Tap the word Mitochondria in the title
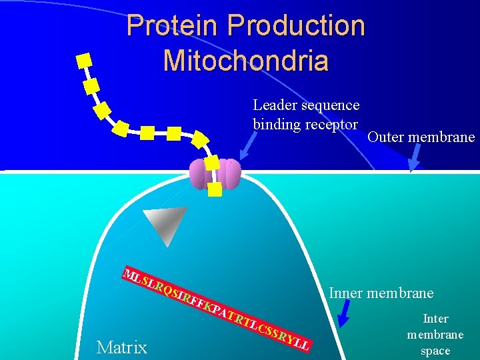245,60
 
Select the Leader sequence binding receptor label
306,114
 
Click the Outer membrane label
421,137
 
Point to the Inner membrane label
381,293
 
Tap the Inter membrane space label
435,335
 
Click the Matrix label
122,347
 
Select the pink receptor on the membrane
215,175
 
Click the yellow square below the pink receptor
215,189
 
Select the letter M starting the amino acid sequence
131,274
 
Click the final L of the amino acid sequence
305,346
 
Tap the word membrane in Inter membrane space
435,335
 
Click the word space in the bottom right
435,351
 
